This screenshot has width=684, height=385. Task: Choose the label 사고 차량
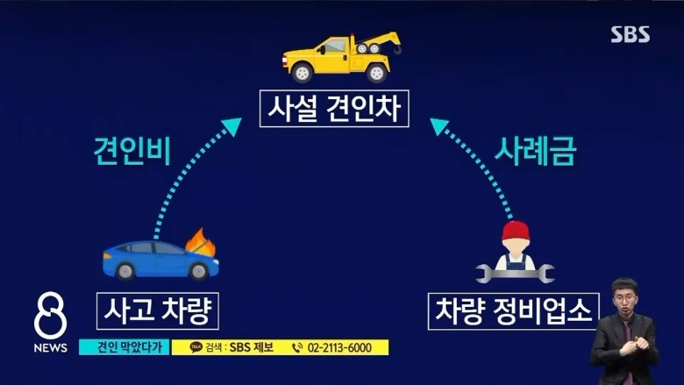point(157,310)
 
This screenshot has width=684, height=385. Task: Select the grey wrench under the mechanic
point(515,274)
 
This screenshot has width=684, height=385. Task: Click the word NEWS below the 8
point(51,348)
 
